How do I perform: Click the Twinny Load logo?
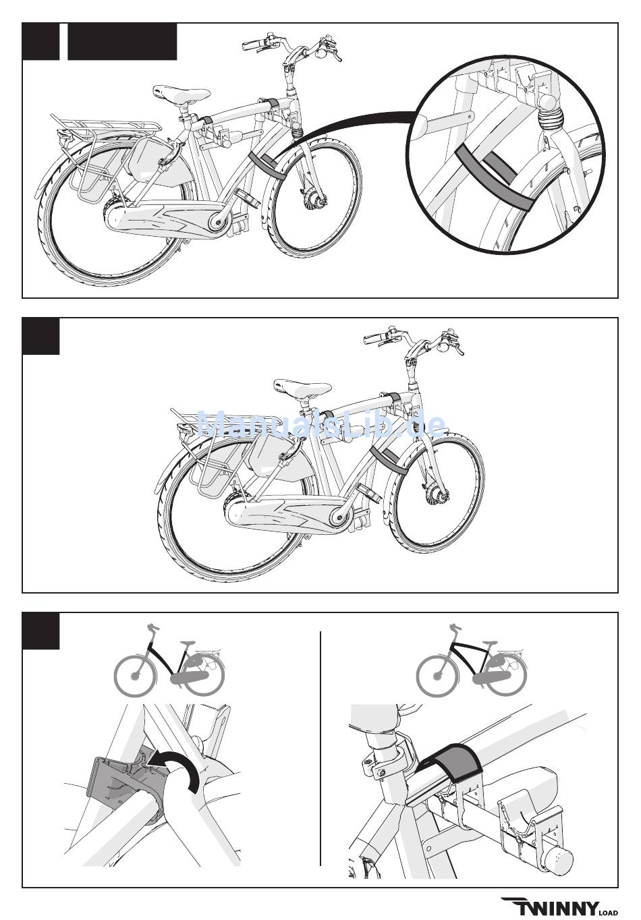[x=559, y=907]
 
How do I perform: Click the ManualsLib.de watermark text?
[x=321, y=425]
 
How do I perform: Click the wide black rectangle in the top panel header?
[x=122, y=42]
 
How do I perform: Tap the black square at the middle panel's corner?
[x=41, y=336]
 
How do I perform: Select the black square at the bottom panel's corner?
[x=41, y=631]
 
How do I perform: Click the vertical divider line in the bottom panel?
[x=320, y=749]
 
